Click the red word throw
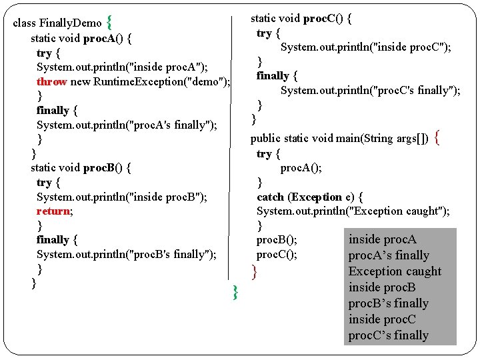[52, 81]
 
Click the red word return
[53, 211]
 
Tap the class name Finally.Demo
[70, 23]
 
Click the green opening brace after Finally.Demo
[109, 22]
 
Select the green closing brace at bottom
[235, 291]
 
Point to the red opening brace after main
[437, 138]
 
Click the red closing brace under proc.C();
[254, 271]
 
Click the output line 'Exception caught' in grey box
[395, 271]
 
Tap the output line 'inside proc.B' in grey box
[382, 287]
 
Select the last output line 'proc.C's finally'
[389, 335]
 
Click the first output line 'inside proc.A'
[383, 239]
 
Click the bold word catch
[270, 197]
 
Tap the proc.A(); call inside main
[301, 167]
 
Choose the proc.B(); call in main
[277, 239]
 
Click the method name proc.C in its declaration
[319, 18]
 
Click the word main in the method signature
[347, 138]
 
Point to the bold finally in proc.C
[273, 75]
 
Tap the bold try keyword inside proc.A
[44, 53]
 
